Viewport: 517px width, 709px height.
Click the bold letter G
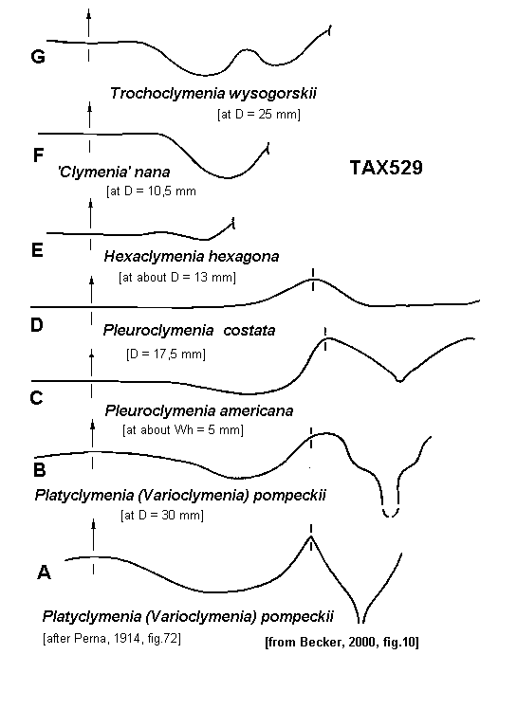tap(38, 57)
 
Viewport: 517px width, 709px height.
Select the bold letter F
tap(39, 155)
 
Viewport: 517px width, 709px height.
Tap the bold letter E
tap(37, 250)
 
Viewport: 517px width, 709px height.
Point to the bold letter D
tap(37, 325)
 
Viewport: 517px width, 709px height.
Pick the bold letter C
tap(36, 398)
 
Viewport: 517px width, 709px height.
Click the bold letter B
tap(40, 470)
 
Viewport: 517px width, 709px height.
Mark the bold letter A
tap(44, 573)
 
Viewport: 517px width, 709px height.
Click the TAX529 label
tap(386, 168)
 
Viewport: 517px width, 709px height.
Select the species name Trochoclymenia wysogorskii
tap(213, 94)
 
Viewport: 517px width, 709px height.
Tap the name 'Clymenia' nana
tap(114, 172)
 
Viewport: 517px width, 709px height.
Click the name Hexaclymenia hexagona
tap(192, 256)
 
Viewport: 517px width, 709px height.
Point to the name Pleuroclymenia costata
tap(189, 330)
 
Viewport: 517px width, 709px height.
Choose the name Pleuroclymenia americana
tap(199, 410)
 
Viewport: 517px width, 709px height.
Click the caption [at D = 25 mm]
tap(258, 114)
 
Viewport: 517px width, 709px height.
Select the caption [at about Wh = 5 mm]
tap(183, 429)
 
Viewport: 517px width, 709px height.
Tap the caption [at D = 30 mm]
tap(162, 515)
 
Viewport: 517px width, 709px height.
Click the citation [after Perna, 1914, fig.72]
tap(112, 639)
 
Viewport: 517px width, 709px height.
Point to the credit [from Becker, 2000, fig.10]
tap(342, 642)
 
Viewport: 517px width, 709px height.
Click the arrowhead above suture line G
tap(89, 13)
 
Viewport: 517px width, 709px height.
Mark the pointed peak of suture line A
tap(311, 536)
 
